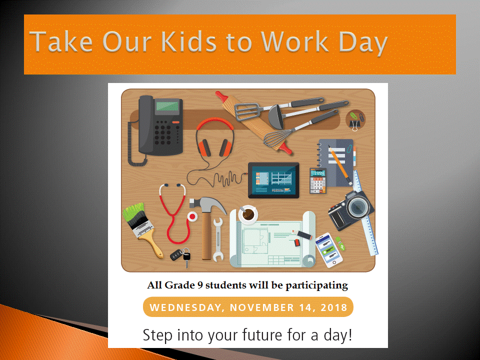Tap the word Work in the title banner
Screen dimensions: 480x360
tap(295, 41)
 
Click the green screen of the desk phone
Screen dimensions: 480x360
tap(167, 106)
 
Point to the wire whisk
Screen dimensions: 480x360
tap(278, 137)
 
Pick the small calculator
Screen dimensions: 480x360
tap(318, 180)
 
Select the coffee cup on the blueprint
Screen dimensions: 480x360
tap(248, 214)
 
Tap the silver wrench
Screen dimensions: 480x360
tap(217, 239)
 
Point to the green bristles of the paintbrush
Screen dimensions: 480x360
tap(133, 211)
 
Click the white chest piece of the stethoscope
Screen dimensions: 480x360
tap(192, 216)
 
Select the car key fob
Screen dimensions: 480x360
tap(176, 254)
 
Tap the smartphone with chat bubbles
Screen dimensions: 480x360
tap(329, 250)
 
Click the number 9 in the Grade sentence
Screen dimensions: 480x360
tap(200, 285)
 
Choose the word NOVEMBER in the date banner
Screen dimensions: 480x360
tap(262, 307)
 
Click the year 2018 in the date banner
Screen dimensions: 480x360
tap(334, 307)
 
